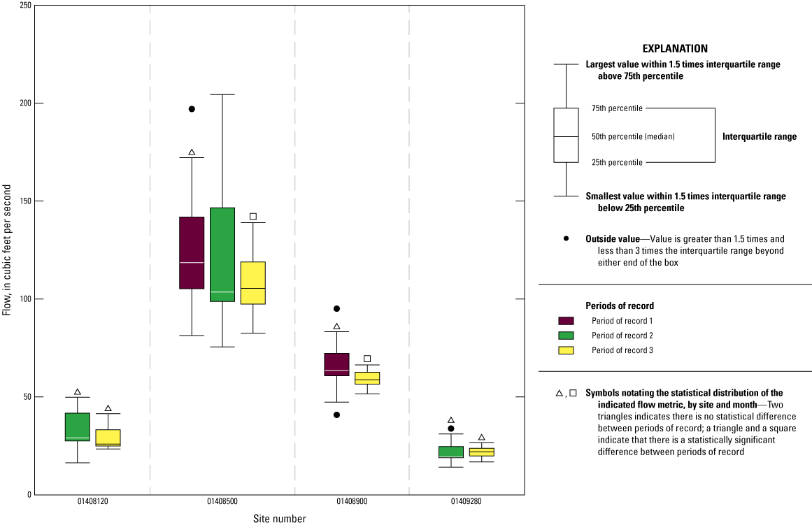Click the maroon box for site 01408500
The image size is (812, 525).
coord(192,252)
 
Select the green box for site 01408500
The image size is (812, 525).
coord(222,254)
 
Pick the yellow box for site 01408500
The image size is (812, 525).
coord(253,283)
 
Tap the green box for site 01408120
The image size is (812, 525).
coord(78,427)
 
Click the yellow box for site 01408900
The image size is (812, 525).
coord(367,378)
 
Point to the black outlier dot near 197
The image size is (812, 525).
coord(192,109)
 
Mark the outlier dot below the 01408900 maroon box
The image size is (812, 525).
coord(336,415)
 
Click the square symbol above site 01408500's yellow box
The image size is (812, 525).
coord(253,217)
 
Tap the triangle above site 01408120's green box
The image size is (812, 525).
coord(78,392)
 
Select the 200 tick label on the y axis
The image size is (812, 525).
coord(25,103)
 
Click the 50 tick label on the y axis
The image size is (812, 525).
coord(27,397)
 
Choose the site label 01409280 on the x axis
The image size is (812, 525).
coord(466,501)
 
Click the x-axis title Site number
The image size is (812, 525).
coord(280,518)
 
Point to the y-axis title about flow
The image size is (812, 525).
coord(7,250)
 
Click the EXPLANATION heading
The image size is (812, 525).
coord(675,49)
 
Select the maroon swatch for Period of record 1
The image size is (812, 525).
coord(566,321)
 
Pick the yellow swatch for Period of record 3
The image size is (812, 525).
coord(566,350)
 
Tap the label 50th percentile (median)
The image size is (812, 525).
coord(634,137)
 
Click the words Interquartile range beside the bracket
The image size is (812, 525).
coord(760,137)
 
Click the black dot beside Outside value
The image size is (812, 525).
coord(566,238)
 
